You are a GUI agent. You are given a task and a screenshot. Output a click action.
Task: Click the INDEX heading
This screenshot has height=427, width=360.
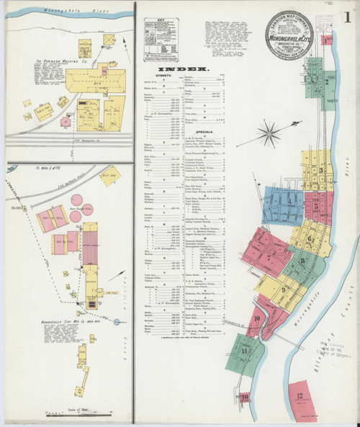(x=179, y=69)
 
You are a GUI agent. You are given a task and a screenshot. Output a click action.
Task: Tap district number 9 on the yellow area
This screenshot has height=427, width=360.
(x=283, y=290)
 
